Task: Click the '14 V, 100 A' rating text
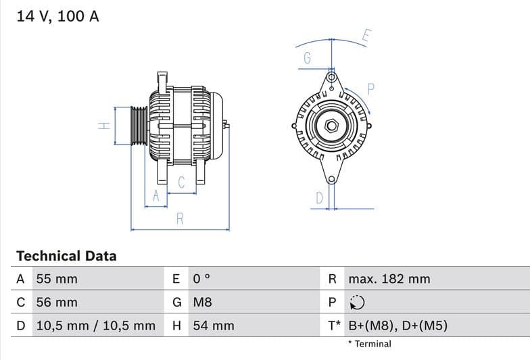click(57, 16)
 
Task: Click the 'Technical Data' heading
click(66, 256)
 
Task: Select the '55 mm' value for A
click(56, 279)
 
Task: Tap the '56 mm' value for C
click(56, 302)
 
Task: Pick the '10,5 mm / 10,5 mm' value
click(95, 326)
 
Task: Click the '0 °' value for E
click(202, 279)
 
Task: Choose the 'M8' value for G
click(203, 302)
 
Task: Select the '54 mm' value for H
click(214, 326)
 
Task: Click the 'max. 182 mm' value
click(389, 279)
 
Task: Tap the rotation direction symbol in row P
click(357, 303)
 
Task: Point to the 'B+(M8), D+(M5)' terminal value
click(397, 326)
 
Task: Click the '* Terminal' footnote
click(369, 344)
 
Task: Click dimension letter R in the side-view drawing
click(180, 218)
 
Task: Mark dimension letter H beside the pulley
click(103, 126)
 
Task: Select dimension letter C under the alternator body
click(181, 182)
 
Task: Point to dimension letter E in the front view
click(366, 36)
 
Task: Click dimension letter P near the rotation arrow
click(370, 88)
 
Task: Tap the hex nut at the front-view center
click(331, 126)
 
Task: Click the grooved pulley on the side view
click(139, 126)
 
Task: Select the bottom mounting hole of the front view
click(331, 179)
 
